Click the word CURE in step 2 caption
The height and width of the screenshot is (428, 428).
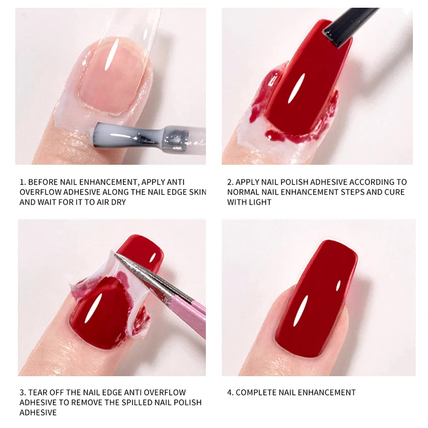click(394, 192)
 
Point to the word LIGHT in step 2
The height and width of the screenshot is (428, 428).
click(261, 202)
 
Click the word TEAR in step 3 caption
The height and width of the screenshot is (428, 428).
click(38, 392)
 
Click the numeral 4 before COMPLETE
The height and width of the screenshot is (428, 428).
click(229, 392)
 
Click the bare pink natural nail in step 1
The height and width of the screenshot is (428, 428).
click(112, 79)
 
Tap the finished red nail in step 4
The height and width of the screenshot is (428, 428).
click(317, 300)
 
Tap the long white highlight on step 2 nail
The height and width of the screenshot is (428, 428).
click(296, 88)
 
